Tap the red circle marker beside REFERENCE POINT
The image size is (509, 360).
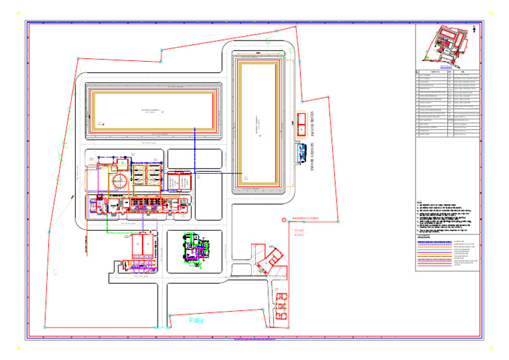pyautogui.click(x=284, y=219)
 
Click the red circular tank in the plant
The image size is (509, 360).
pyautogui.click(x=118, y=180)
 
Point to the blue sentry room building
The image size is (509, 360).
pyautogui.click(x=295, y=154)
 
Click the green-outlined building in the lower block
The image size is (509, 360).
pyautogui.click(x=196, y=251)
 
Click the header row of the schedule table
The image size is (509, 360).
pyautogui.click(x=448, y=70)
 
